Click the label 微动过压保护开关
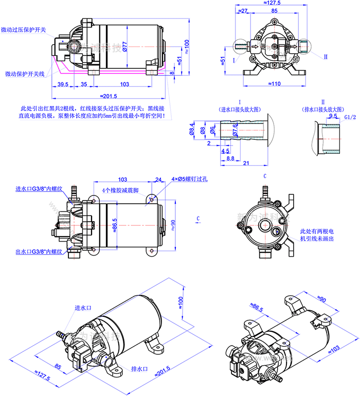click(24, 30)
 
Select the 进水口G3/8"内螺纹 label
click(39, 189)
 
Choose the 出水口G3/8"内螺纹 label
click(39, 252)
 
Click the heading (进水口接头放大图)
click(240, 110)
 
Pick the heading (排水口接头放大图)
click(322, 110)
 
